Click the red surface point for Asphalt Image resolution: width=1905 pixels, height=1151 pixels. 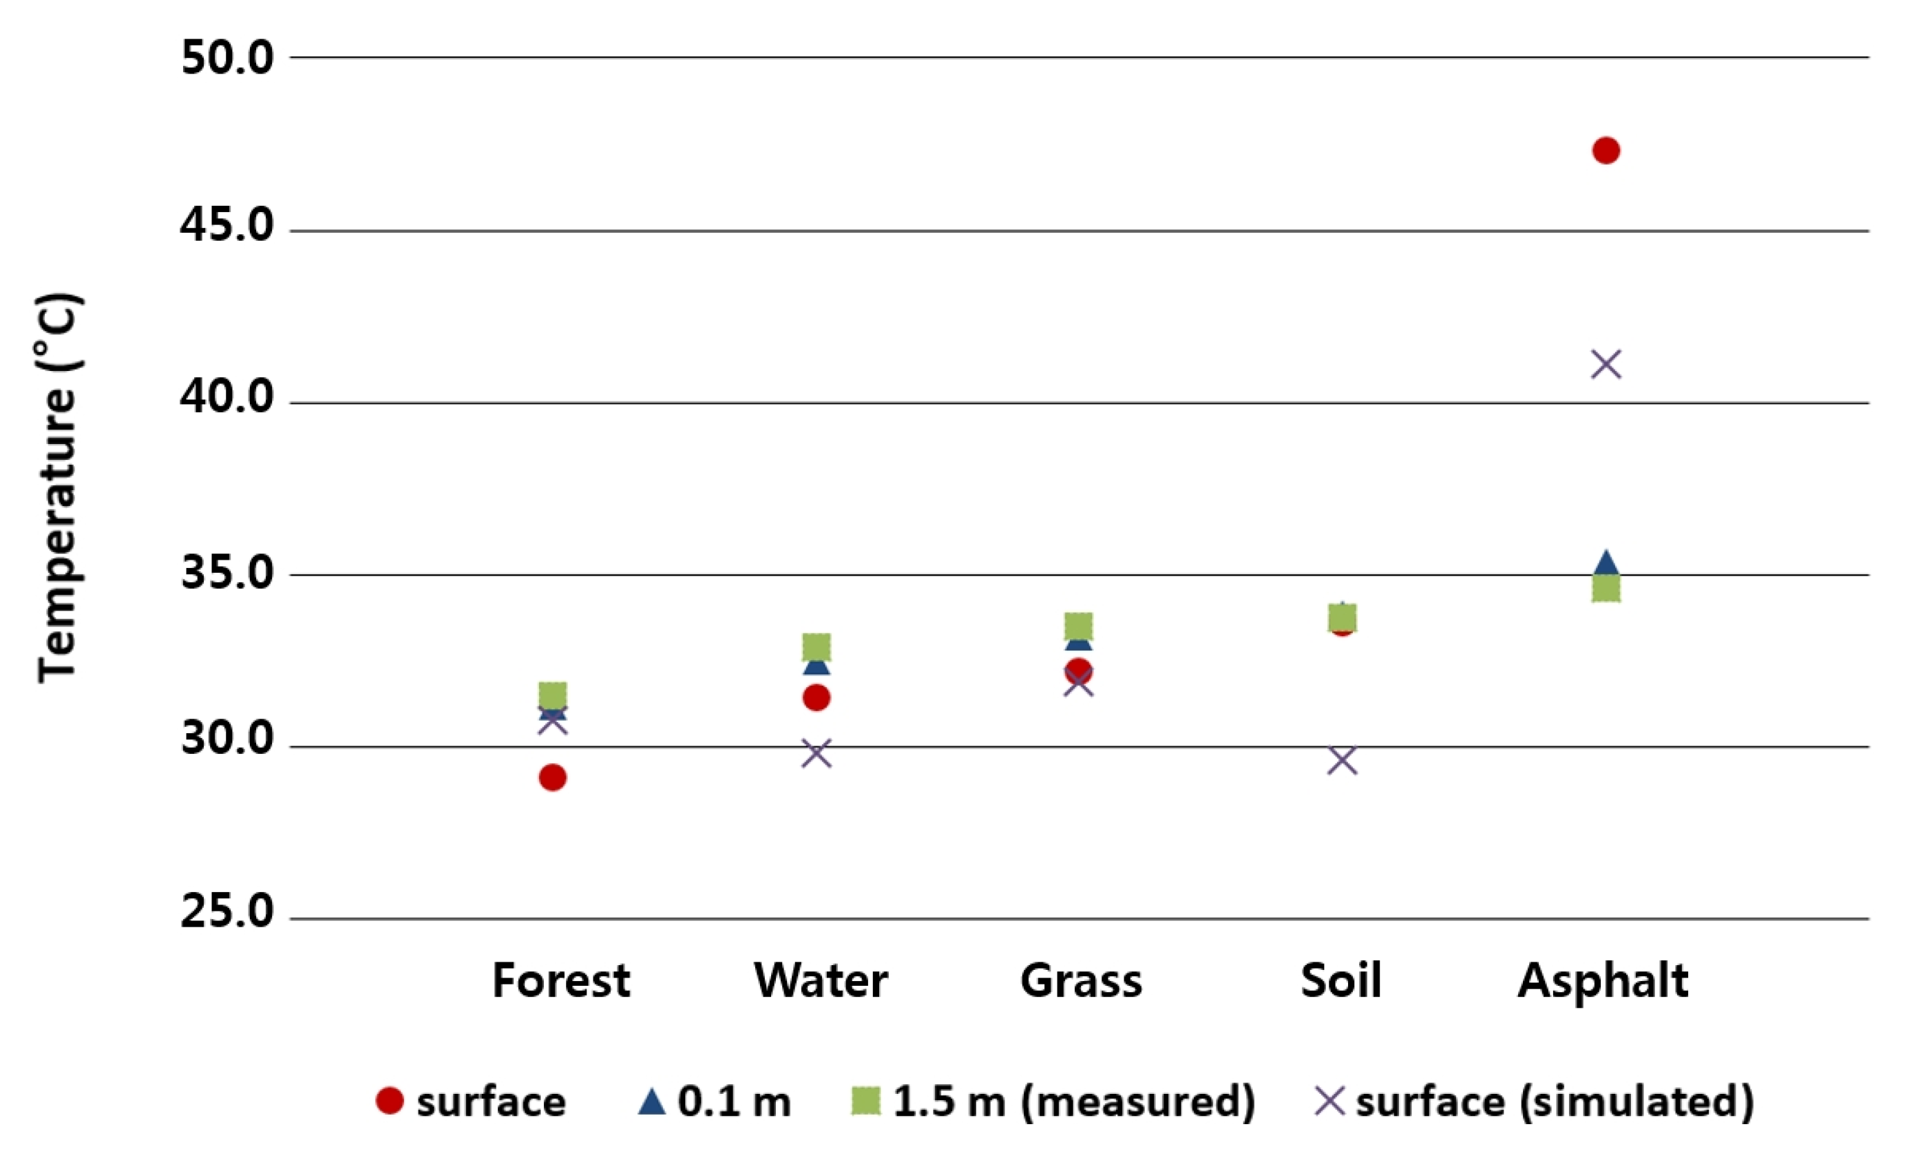click(1606, 150)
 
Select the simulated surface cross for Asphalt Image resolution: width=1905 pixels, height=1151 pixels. click(1606, 364)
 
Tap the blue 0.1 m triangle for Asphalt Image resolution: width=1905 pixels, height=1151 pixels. click(1606, 562)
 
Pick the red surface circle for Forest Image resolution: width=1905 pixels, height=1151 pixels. click(552, 777)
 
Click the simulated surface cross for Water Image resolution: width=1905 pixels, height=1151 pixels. click(817, 752)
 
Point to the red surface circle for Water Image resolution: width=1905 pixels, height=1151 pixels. click(817, 697)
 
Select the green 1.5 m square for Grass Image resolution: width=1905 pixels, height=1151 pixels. click(1079, 625)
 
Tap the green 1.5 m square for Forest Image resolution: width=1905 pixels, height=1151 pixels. click(552, 695)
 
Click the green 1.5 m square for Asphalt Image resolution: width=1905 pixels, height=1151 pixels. click(1606, 589)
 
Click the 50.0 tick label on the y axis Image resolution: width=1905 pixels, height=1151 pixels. click(227, 58)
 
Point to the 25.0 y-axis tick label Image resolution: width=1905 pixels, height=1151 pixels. click(227, 911)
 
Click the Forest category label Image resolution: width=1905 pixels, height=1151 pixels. click(561, 981)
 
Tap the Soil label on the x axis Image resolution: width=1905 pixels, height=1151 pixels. click(1340, 981)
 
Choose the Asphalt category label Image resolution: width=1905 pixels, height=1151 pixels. click(1603, 981)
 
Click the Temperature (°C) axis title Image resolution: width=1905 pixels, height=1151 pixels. click(58, 487)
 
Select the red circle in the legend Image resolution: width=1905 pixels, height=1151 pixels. click(390, 1101)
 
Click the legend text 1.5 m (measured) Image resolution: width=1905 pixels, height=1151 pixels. click(1074, 1101)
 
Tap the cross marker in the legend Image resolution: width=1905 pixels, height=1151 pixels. click(1330, 1101)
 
